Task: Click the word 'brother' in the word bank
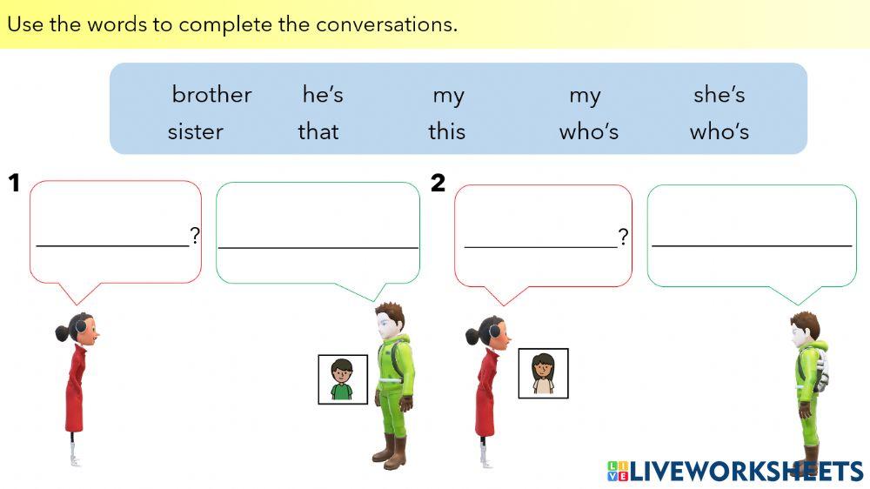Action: click(211, 94)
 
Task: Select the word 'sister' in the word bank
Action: click(195, 131)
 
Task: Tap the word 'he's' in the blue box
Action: click(323, 94)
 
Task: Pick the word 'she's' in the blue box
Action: click(719, 94)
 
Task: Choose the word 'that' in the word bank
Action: click(318, 131)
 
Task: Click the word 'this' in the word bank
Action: click(446, 131)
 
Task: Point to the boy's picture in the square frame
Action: click(343, 379)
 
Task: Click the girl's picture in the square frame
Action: click(543, 373)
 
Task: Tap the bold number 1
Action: click(14, 183)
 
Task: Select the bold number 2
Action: click(438, 183)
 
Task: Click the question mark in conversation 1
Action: click(195, 235)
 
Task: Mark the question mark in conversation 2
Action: click(623, 236)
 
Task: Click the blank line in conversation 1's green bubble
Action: click(318, 247)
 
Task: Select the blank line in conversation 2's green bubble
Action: click(751, 246)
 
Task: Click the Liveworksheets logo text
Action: click(745, 471)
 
